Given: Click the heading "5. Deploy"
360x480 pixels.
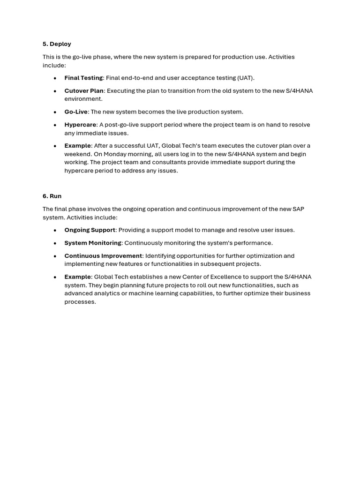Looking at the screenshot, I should coord(57,44).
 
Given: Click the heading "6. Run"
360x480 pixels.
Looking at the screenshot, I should coord(52,196).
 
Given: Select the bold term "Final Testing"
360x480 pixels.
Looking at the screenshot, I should coord(83,78).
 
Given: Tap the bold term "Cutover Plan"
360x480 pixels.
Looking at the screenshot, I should coord(84,91).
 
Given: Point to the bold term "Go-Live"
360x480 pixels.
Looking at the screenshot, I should coord(76,112).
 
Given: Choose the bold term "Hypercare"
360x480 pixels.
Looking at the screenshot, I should coord(80,125).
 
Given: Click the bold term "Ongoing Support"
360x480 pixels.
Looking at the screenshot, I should coord(90,230).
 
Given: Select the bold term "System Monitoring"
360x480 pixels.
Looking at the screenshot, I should coord(93,243).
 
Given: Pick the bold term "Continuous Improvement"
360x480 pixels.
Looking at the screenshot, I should coord(103,256).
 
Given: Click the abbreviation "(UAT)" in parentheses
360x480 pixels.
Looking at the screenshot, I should coord(246,78).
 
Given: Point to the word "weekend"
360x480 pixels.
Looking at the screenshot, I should coord(77,154).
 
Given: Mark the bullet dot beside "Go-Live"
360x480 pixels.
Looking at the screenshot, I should coord(55,112).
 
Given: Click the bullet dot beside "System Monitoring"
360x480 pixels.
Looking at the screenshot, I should coord(55,243).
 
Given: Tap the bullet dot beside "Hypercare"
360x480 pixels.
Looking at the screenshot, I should coord(55,125).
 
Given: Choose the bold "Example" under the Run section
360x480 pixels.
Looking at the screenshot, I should coord(77,277).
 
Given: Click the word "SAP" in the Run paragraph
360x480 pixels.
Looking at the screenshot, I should coord(298,209).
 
